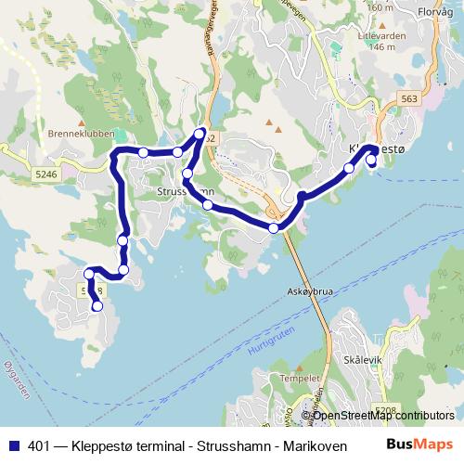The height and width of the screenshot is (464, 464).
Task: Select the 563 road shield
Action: pyautogui.click(x=408, y=98)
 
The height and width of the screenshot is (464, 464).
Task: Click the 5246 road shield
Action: pyautogui.click(x=45, y=174)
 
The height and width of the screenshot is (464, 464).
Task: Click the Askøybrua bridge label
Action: pyautogui.click(x=311, y=290)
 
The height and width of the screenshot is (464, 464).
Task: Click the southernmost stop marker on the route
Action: pyautogui.click(x=97, y=306)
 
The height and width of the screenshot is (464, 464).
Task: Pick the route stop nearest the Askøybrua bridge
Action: pyautogui.click(x=274, y=227)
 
